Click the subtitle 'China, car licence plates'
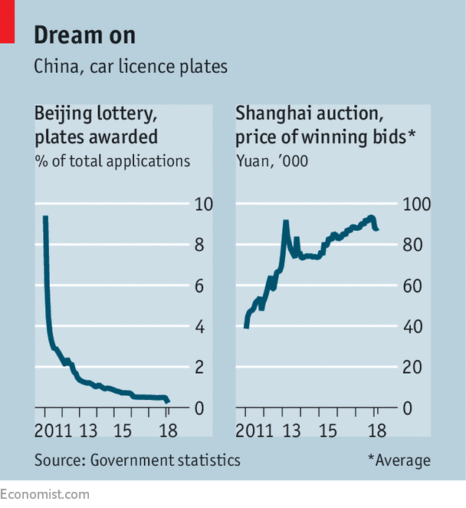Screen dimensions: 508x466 click(x=130, y=67)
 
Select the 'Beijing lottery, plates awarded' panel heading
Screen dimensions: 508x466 click(x=96, y=126)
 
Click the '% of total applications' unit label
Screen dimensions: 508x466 click(x=112, y=161)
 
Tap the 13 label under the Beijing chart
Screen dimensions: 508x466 click(x=88, y=430)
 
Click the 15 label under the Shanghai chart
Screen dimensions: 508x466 click(x=327, y=430)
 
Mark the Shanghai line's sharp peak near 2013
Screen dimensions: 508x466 click(x=285, y=222)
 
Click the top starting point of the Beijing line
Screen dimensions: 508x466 click(x=45, y=218)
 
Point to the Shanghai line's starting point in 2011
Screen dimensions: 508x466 click(x=246, y=326)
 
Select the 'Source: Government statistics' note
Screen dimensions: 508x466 click(x=137, y=460)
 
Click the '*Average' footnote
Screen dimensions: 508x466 click(x=399, y=460)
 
